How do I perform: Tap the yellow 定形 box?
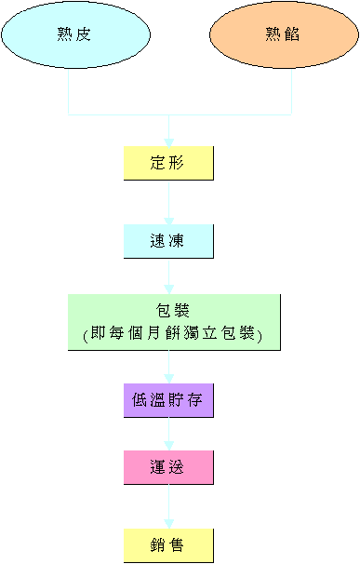[168, 163]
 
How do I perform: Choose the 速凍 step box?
[168, 241]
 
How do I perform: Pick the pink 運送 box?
[168, 467]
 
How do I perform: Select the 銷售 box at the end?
[168, 544]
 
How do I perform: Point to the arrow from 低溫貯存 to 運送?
[168, 434]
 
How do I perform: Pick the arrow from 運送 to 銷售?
[168, 506]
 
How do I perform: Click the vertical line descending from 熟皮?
[69, 93]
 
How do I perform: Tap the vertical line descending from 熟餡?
[292, 93]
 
